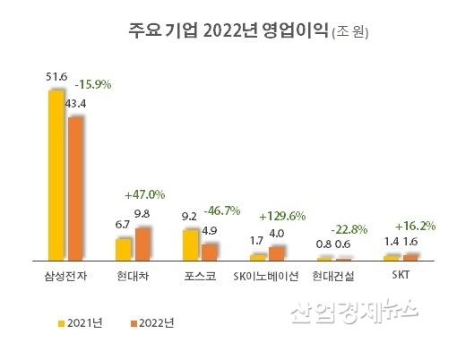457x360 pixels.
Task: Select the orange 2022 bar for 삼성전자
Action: click(75, 188)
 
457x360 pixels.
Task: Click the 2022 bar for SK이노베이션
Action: click(276, 253)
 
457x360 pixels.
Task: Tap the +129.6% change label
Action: click(284, 216)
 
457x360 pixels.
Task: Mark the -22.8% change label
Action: click(351, 227)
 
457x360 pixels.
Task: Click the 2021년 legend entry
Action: click(86, 319)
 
